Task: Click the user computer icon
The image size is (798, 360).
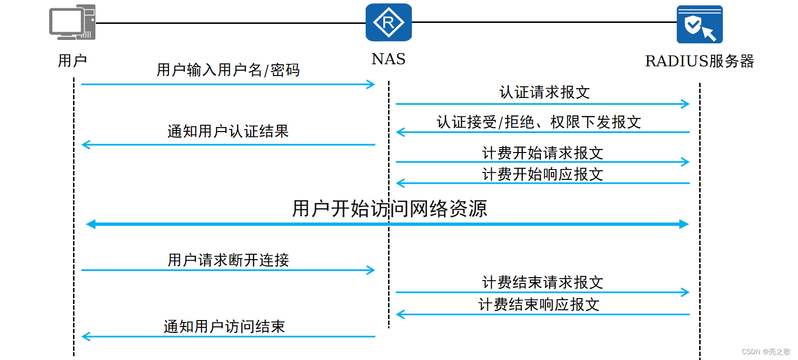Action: [72, 22]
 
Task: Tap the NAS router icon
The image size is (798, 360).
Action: [389, 22]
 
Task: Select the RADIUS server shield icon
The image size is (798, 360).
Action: [699, 24]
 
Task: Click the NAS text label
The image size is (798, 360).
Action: [388, 59]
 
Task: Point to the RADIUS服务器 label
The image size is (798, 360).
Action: [699, 61]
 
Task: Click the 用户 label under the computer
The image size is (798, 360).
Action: [72, 60]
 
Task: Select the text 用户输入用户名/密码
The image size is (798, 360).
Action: [228, 70]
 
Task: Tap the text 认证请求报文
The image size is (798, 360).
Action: [544, 92]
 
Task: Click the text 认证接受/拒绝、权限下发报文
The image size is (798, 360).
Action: [538, 122]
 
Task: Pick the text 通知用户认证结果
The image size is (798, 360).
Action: [228, 131]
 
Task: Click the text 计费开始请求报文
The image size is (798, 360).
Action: [542, 153]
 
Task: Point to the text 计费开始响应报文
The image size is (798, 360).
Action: [542, 174]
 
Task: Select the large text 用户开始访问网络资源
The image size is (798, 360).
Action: [389, 208]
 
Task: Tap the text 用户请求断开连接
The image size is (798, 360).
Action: [228, 260]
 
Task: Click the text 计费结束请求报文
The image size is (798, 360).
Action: [542, 282]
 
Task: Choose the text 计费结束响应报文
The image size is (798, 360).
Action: [538, 304]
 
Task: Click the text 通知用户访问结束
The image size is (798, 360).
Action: [224, 326]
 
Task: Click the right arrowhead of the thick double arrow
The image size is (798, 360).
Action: [684, 224]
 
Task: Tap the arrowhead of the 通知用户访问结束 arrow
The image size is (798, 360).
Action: [86, 336]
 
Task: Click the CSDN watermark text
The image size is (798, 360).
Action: [766, 352]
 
